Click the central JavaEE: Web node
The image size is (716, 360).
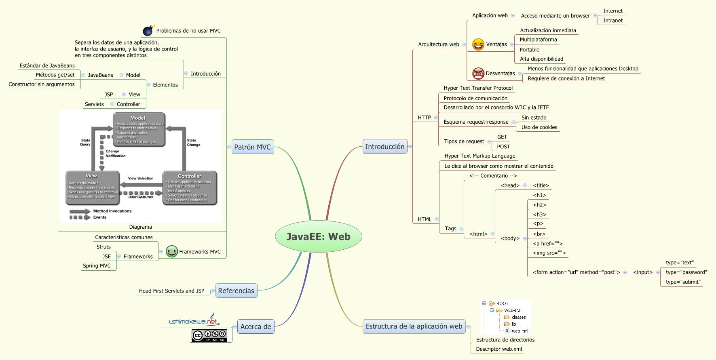[x=318, y=236]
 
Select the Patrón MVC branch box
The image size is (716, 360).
[x=253, y=147]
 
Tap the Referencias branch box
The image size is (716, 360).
[x=236, y=291]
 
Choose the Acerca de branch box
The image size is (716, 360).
[x=256, y=326]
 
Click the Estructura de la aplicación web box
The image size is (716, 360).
[x=414, y=326]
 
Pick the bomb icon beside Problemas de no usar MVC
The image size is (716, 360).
[x=148, y=31]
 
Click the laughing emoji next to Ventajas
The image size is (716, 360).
[x=478, y=44]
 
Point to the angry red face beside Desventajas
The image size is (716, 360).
[x=478, y=74]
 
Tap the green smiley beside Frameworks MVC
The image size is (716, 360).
[x=172, y=251]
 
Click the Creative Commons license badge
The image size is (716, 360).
[x=209, y=335]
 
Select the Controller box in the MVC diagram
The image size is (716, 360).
[x=190, y=187]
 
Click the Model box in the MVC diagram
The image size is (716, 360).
[x=139, y=129]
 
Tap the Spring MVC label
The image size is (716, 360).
[x=97, y=265]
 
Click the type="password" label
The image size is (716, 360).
[x=686, y=272]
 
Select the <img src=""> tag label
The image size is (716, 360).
[x=549, y=253]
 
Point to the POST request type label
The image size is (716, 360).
[x=503, y=146]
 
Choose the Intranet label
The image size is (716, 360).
[x=613, y=21]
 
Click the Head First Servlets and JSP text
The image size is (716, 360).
[x=171, y=291]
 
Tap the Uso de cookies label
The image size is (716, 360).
[x=539, y=127]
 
